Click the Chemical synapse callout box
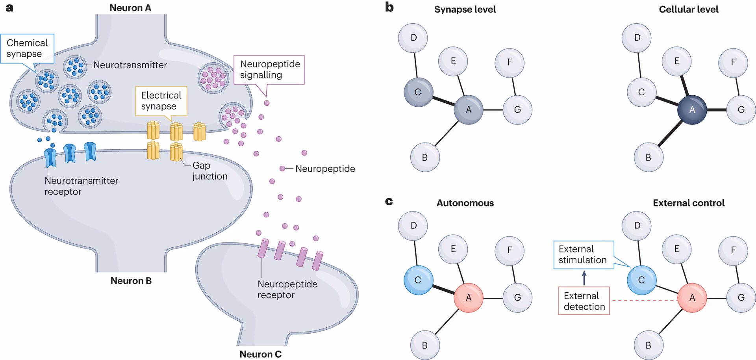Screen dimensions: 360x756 (x=27, y=48)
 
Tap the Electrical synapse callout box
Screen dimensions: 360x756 (x=161, y=101)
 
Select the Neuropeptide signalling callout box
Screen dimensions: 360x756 (x=269, y=70)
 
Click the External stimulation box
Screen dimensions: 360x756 (x=583, y=255)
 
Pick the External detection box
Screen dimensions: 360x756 (x=584, y=301)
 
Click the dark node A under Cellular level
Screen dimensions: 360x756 (x=692, y=110)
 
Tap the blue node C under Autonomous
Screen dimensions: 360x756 (x=418, y=280)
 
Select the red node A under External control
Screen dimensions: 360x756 (x=692, y=298)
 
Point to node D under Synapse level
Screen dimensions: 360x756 (x=413, y=38)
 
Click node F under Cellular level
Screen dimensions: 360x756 (x=733, y=62)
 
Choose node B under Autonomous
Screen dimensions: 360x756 (x=424, y=345)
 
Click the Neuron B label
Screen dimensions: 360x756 (x=131, y=281)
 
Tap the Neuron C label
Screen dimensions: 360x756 (x=260, y=354)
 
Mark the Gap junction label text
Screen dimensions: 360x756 (x=209, y=171)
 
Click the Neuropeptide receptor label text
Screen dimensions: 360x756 (x=287, y=289)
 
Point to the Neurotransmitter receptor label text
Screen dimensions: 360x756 (x=81, y=186)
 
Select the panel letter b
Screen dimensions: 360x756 (x=389, y=7)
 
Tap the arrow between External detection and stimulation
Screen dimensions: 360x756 (x=584, y=278)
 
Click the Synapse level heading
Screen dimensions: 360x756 (x=465, y=9)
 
